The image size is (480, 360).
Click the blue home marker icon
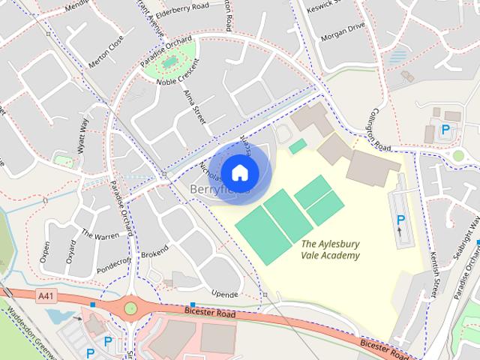239,172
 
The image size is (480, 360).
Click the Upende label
224,295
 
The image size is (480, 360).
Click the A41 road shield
47,297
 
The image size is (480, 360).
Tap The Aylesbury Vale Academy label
330,250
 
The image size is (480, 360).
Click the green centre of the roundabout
131,307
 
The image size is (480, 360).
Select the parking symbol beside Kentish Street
400,220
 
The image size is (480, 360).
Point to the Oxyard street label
70,251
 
